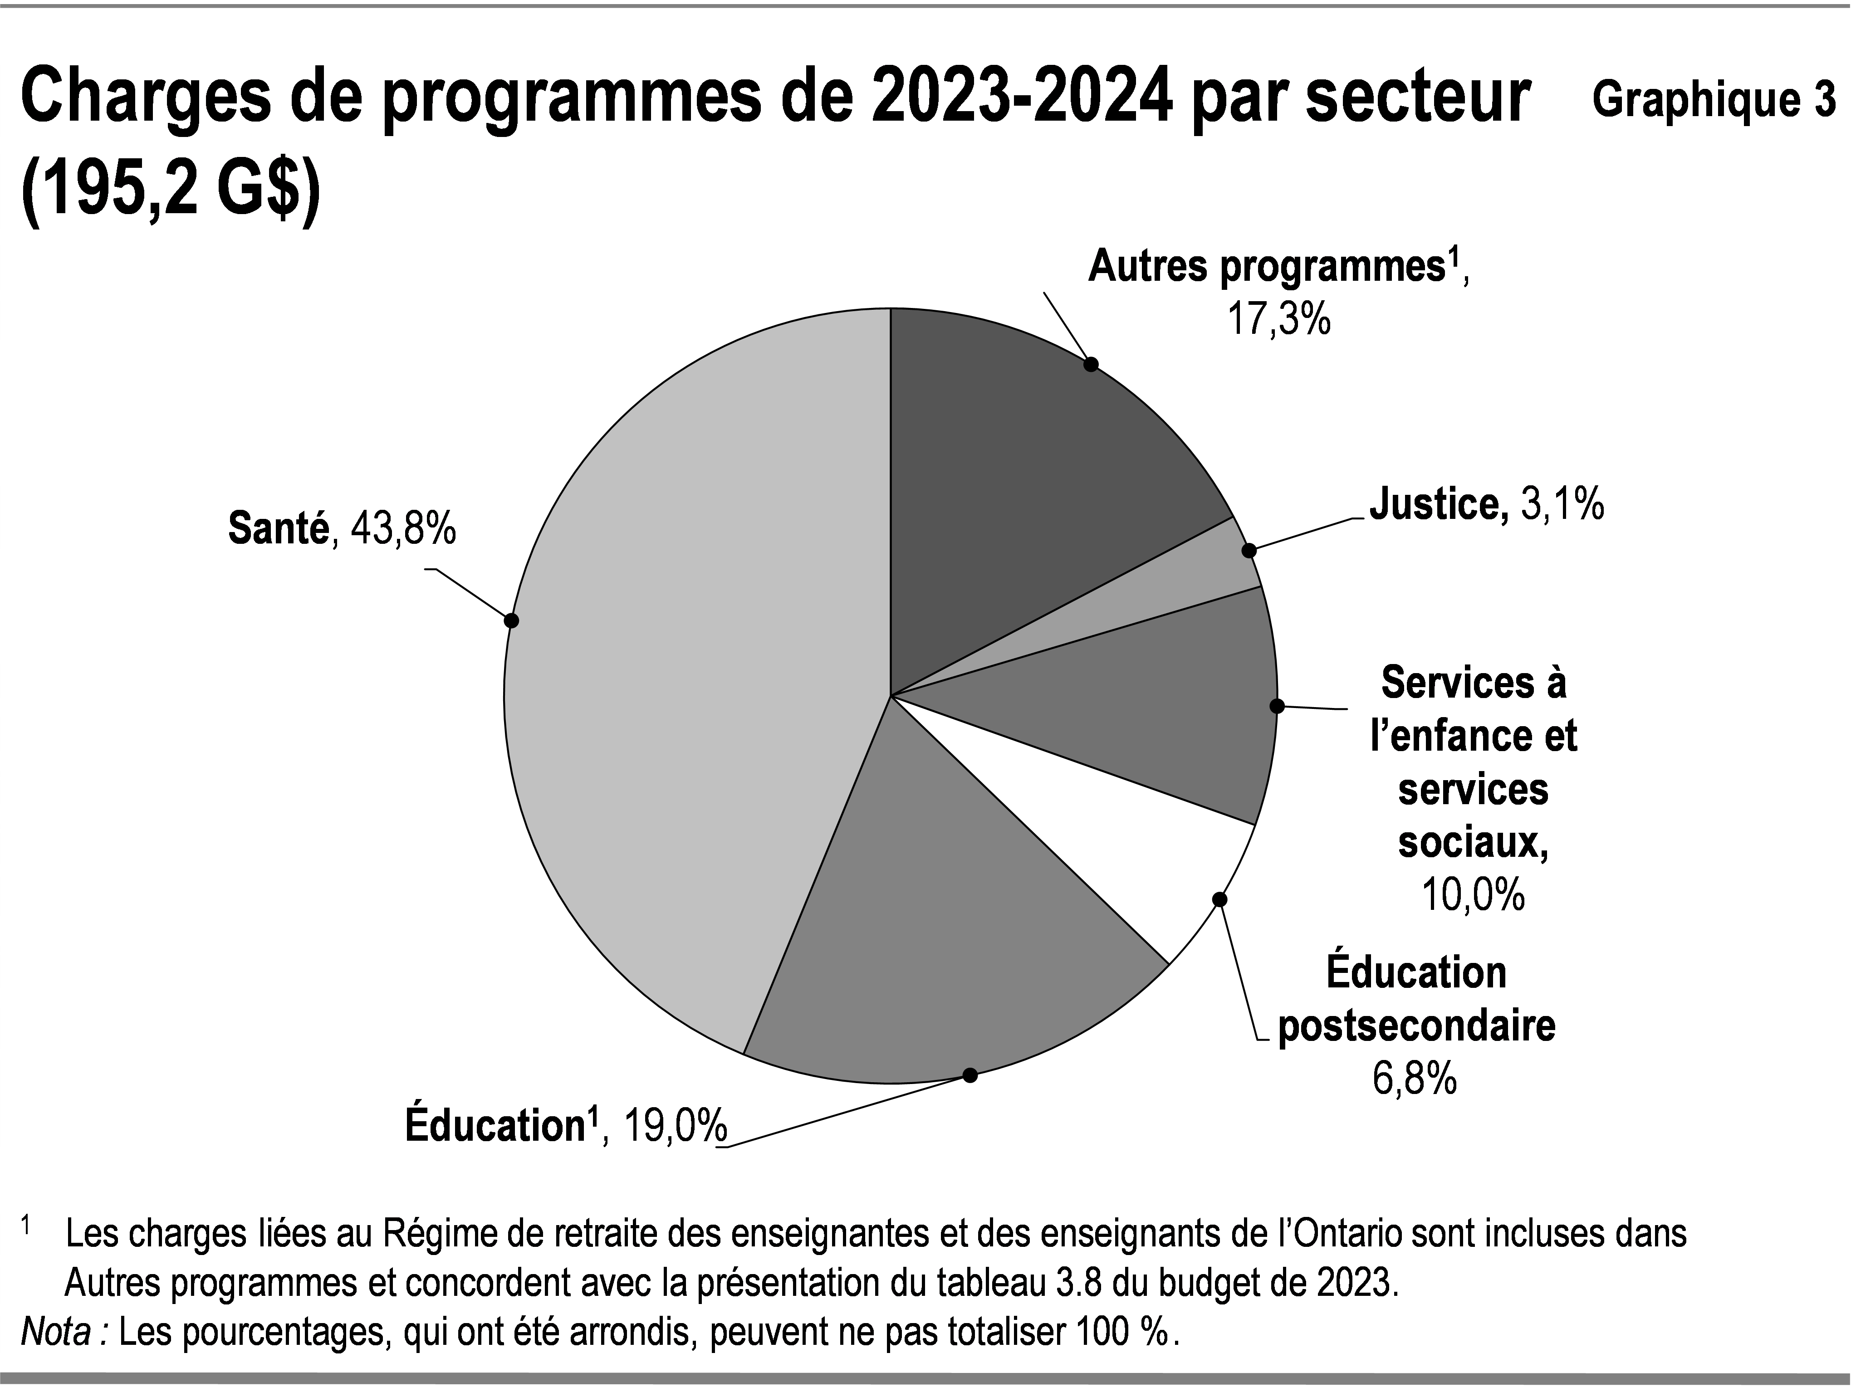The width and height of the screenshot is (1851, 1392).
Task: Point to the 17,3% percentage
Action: tap(1278, 320)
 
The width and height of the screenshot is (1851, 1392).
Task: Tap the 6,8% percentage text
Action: tap(1414, 1079)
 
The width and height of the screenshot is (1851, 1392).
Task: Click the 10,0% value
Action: tap(1473, 895)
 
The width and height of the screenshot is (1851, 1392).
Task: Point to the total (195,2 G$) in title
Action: tap(171, 192)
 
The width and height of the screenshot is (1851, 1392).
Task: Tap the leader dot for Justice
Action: tap(1249, 551)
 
